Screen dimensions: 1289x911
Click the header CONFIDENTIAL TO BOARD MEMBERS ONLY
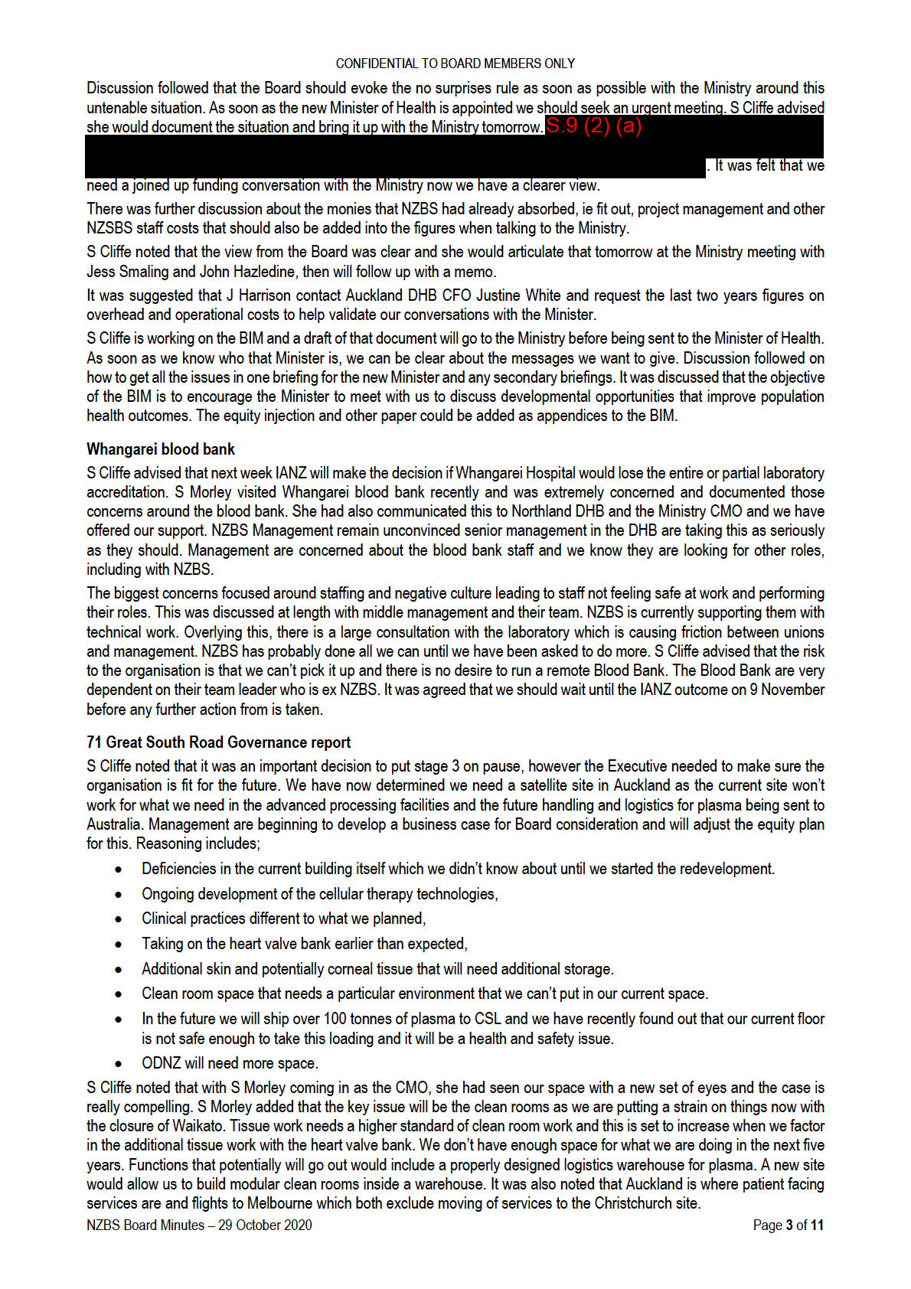(x=455, y=64)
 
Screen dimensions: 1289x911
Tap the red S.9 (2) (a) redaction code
(x=593, y=126)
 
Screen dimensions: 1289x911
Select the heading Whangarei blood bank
(x=161, y=449)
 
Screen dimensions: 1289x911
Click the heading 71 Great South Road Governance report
(x=218, y=742)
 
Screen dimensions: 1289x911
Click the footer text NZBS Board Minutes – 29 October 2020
(x=199, y=1225)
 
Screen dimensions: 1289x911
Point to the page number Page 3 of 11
(x=788, y=1225)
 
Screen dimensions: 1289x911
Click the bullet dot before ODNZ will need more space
(x=119, y=1064)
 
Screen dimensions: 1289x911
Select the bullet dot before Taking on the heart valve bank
(x=119, y=945)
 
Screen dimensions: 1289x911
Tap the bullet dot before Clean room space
(x=119, y=994)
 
